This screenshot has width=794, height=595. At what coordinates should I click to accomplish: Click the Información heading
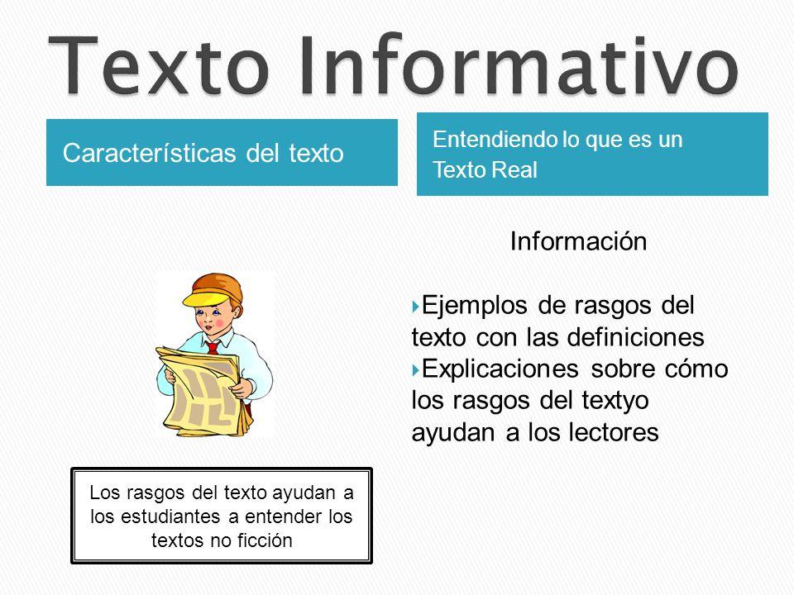coord(578,242)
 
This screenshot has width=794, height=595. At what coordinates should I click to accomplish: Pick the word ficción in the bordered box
coord(265,541)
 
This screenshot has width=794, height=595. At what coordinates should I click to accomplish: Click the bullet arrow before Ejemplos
coord(415,308)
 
